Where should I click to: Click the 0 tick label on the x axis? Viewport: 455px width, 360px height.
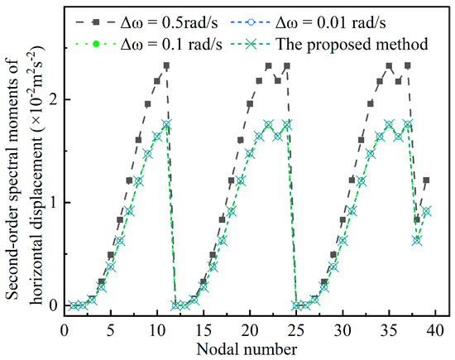click(x=65, y=329)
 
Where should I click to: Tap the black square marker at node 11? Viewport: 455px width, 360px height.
click(x=166, y=65)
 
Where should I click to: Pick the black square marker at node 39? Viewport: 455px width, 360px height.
click(x=426, y=180)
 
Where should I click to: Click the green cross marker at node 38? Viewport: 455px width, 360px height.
click(x=417, y=239)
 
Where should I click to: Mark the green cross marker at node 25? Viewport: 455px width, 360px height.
click(x=296, y=305)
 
